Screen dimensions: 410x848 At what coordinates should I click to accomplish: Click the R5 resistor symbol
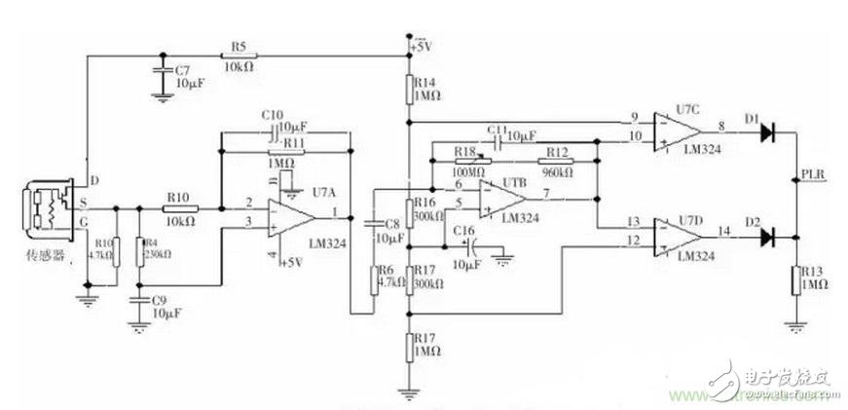[239, 56]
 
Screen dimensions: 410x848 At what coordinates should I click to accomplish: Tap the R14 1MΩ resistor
[410, 91]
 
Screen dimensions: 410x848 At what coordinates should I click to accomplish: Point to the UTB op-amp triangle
[501, 198]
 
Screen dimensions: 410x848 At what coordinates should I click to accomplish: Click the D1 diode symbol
[769, 129]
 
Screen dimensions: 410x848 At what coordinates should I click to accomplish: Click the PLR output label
[813, 175]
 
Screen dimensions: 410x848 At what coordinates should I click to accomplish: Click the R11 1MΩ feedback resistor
[285, 152]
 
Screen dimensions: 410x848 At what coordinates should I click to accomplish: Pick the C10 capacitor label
[272, 116]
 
